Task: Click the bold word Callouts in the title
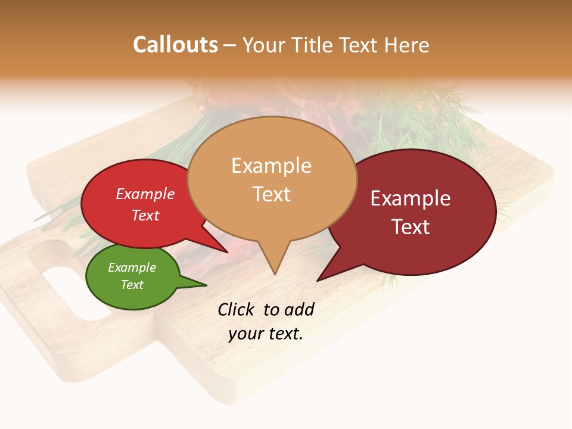175,45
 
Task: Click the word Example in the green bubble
132,268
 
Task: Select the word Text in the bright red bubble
145,215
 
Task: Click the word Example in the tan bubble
271,166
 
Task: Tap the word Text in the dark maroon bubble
411,226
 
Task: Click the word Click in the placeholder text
237,309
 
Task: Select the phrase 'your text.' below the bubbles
266,334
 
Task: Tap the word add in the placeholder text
299,309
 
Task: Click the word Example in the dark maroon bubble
411,198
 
